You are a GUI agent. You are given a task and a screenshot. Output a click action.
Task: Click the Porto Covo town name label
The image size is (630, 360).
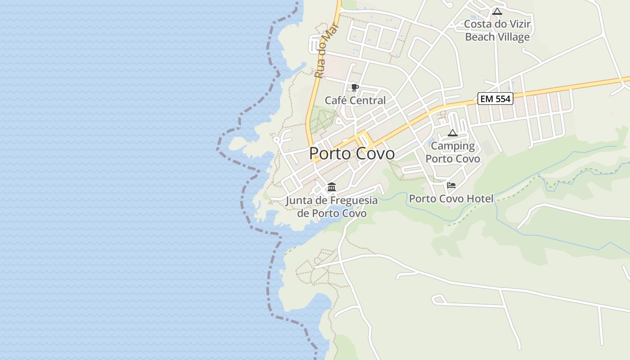tap(352, 153)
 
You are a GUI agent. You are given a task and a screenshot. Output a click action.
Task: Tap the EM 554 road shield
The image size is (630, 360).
tap(495, 99)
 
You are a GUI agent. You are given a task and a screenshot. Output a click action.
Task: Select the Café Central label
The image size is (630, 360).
tap(355, 100)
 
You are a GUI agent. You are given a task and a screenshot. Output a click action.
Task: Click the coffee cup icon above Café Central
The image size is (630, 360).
tap(355, 87)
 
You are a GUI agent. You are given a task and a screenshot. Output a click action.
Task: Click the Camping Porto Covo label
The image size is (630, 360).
tap(453, 152)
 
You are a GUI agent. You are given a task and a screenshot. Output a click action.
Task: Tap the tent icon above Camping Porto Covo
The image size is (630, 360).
tap(452, 133)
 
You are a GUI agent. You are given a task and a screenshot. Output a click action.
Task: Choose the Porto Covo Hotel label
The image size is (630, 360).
tap(451, 198)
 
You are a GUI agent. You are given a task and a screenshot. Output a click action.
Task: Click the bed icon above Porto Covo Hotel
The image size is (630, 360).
tap(451, 185)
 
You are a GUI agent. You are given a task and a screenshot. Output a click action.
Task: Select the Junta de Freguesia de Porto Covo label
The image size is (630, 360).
tap(332, 207)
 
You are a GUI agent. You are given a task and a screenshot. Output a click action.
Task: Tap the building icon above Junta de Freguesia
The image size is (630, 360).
tap(332, 187)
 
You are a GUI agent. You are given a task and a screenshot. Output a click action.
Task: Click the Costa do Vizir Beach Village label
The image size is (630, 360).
tap(497, 31)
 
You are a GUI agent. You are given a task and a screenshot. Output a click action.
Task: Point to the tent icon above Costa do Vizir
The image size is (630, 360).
tap(497, 12)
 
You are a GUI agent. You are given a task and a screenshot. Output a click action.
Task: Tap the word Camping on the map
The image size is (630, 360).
tap(453, 146)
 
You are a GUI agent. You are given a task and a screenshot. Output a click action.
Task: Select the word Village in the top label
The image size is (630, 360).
tap(513, 37)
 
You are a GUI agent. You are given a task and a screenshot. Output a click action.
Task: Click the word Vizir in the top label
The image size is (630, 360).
tap(519, 24)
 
